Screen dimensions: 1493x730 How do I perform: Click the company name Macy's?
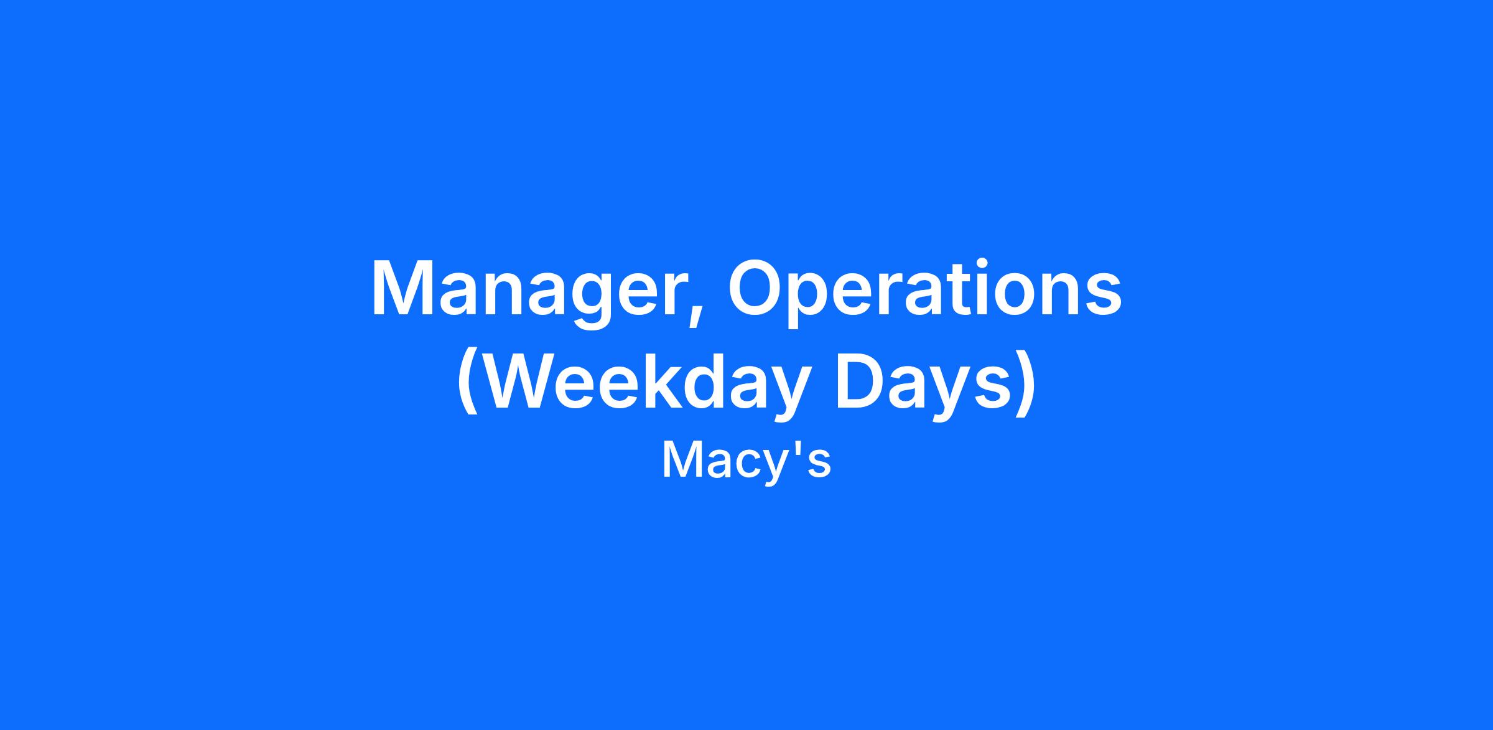(746, 461)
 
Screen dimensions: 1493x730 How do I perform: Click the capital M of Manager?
(402, 288)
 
